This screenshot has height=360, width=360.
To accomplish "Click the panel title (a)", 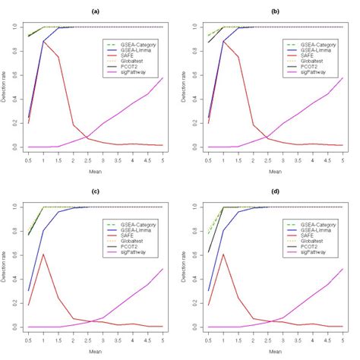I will click(96, 12).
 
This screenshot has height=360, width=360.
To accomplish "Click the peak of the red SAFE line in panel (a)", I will click(44, 41).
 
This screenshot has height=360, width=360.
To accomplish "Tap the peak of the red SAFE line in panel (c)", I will click(44, 254).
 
